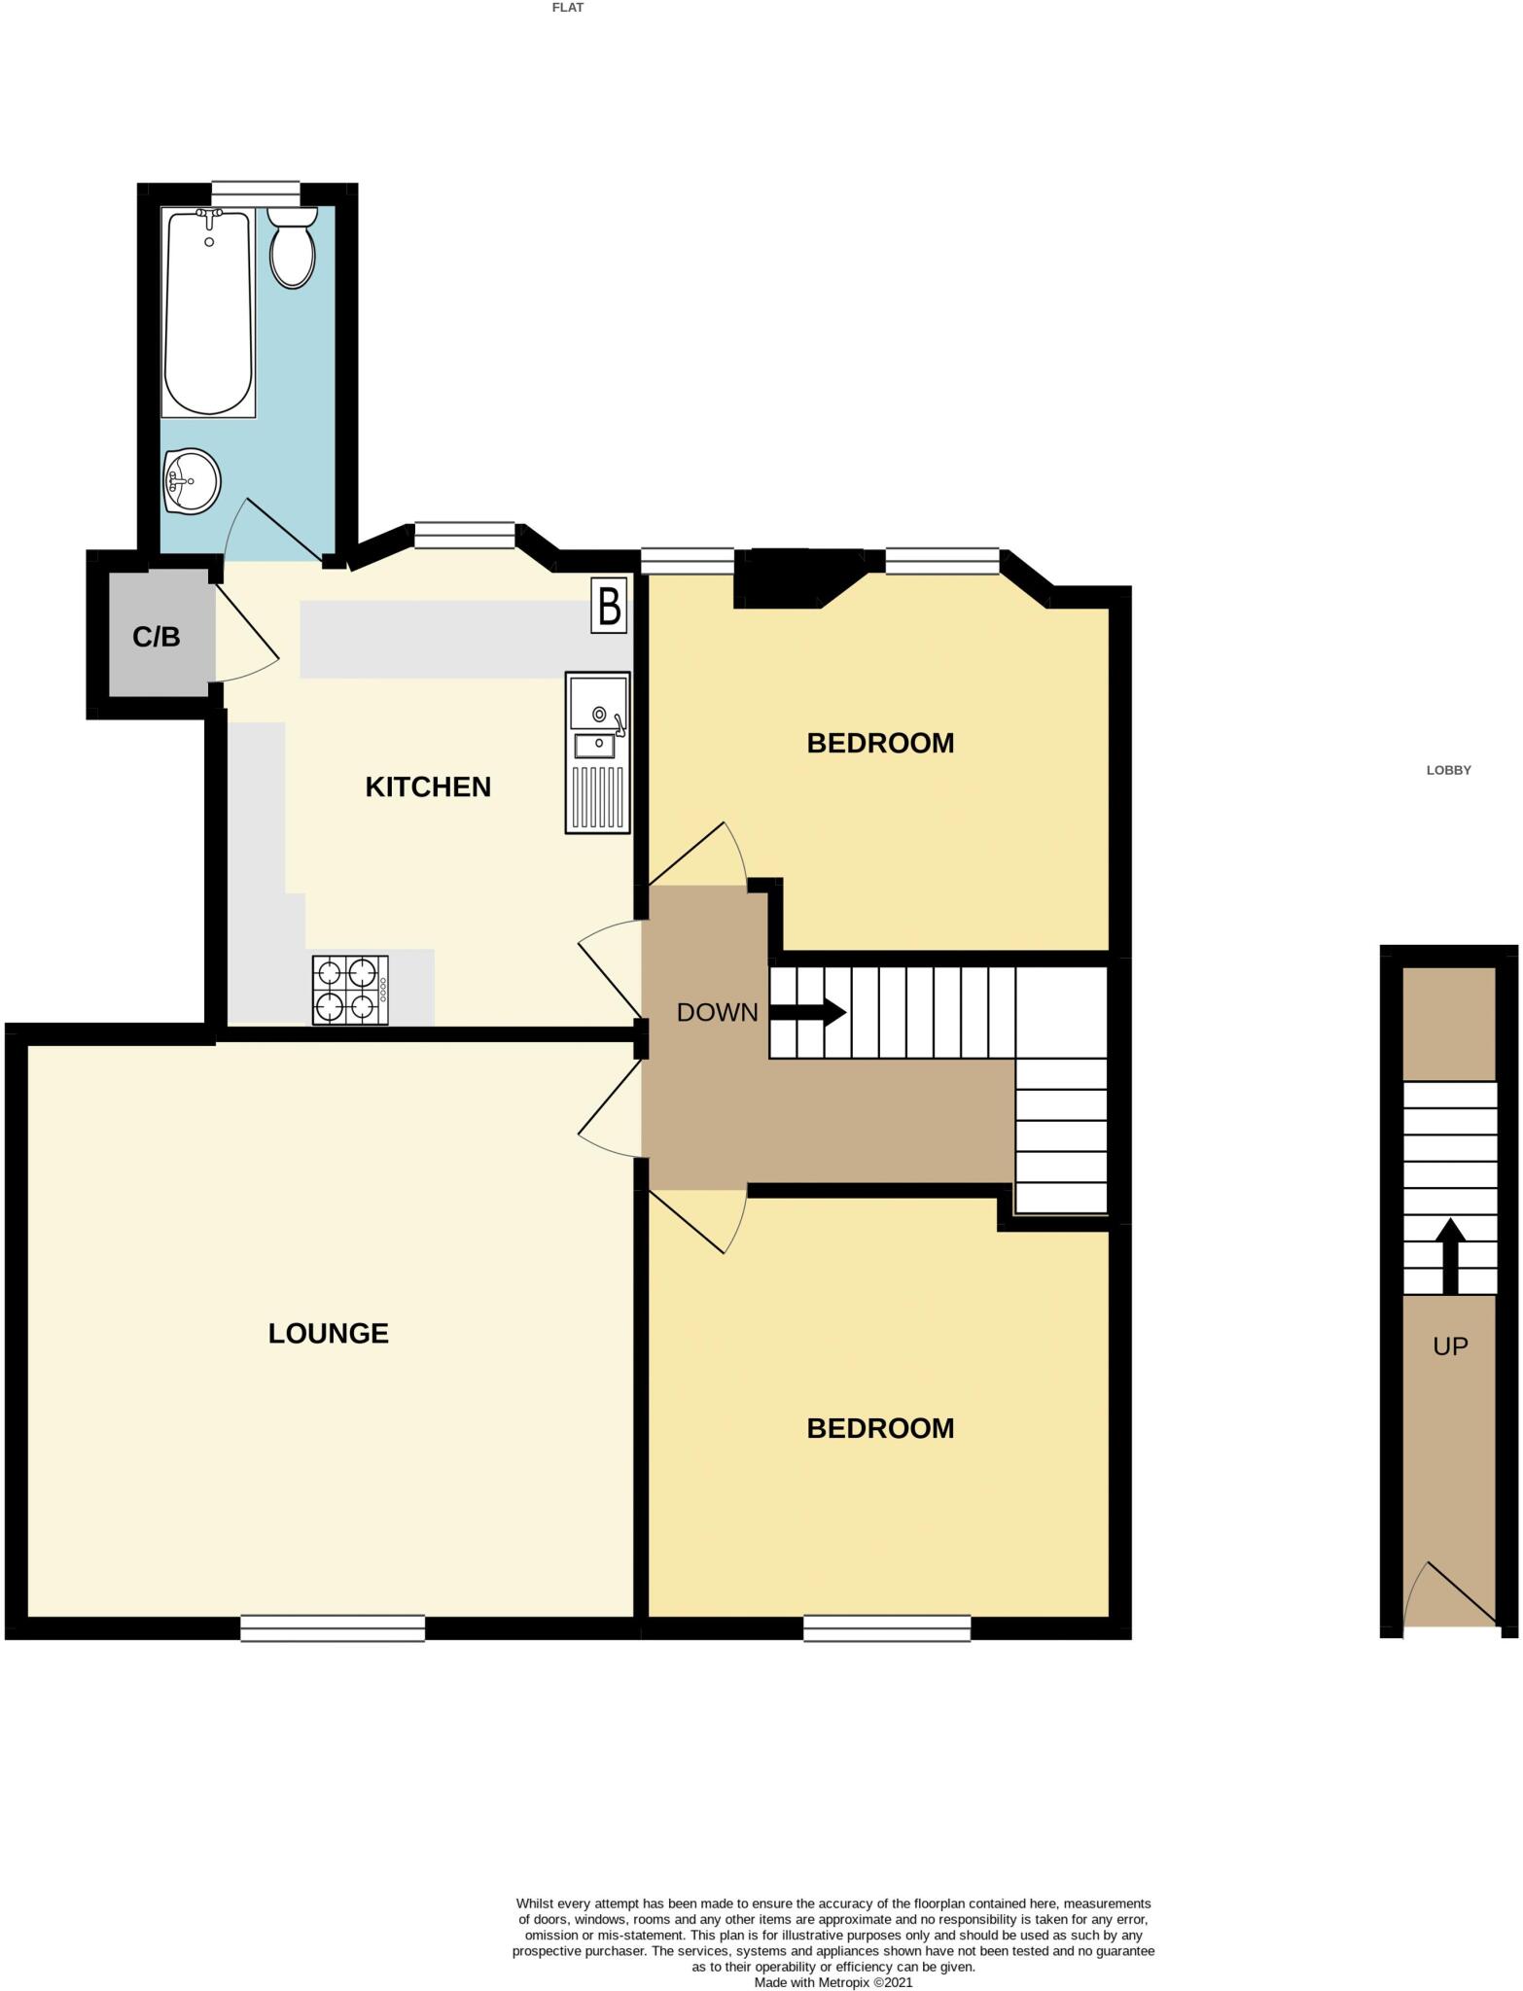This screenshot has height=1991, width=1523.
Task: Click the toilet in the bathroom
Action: tap(292, 251)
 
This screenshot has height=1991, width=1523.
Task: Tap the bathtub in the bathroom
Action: tap(208, 313)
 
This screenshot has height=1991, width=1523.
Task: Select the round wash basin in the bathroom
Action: tap(193, 480)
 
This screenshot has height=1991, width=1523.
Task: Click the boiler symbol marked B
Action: tap(610, 607)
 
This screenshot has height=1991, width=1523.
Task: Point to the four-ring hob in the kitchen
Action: tap(348, 991)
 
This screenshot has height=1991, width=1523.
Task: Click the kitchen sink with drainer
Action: tap(598, 753)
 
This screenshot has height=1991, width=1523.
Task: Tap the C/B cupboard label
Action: tap(157, 637)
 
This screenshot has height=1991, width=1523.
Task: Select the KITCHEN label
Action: tap(428, 786)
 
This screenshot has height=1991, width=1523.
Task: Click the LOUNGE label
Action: tap(329, 1333)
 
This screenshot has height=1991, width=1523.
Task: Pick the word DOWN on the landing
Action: tap(717, 1012)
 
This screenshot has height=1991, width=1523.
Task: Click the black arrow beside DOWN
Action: tap(808, 1012)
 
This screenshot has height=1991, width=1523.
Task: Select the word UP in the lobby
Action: tap(1450, 1345)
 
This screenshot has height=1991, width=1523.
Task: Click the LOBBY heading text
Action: tap(1448, 770)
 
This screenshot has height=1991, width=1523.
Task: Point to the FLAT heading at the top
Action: tap(568, 8)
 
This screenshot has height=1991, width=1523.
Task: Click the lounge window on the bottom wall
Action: tap(333, 1627)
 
